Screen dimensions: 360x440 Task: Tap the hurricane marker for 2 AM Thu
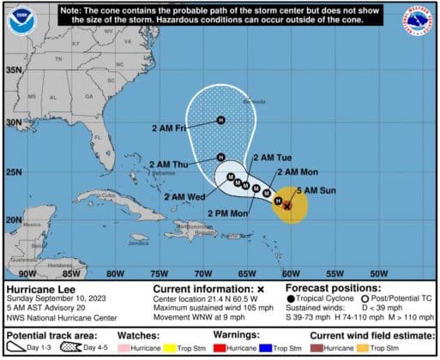pos(221,158)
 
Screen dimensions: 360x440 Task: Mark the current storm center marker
pos(287,205)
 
